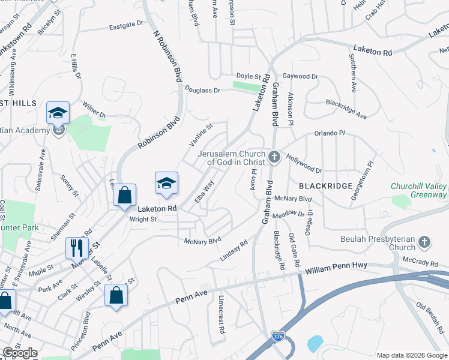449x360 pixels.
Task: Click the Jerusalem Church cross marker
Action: click(274, 158)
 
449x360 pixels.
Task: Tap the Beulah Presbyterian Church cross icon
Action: click(424, 242)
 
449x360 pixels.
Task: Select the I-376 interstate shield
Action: click(277, 337)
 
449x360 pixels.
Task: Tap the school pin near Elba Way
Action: click(167, 182)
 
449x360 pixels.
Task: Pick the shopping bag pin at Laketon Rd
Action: click(124, 195)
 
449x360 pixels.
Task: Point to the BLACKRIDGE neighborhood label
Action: click(325, 186)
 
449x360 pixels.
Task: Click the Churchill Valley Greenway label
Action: click(418, 190)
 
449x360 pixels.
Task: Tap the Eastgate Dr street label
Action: click(127, 26)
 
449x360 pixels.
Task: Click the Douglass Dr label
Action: click(202, 89)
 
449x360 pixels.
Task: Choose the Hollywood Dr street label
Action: click(304, 162)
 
